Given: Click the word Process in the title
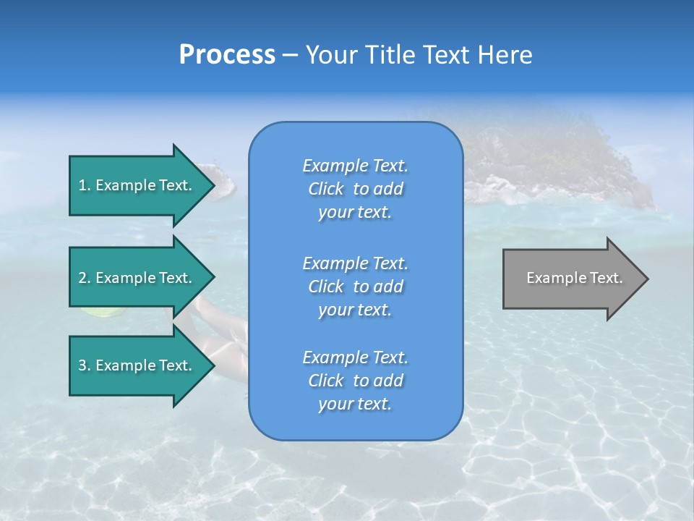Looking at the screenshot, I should coord(227,55).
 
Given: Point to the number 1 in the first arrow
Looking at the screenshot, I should coord(82,185).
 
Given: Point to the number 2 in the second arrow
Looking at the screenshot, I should coord(82,278).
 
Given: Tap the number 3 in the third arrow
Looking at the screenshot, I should coord(82,365).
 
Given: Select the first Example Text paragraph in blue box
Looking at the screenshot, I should coord(355,189).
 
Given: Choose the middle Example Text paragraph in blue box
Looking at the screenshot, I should coord(355,287).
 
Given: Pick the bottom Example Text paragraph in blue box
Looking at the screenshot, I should coord(355,381).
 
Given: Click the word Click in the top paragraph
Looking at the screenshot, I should coord(325,189).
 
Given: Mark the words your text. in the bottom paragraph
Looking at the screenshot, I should coord(355,404).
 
